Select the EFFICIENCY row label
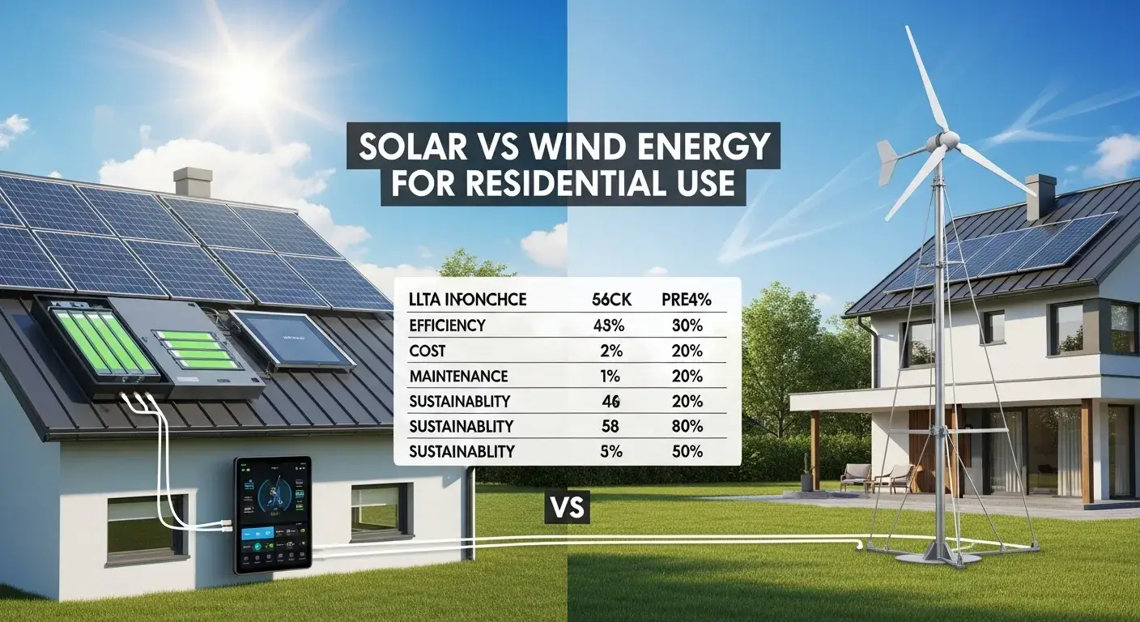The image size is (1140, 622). click(448, 326)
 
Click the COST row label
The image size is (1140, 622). click(427, 351)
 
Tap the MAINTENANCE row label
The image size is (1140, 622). click(458, 377)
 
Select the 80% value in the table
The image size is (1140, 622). click(688, 427)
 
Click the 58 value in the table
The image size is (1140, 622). click(606, 427)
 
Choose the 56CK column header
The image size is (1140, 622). click(606, 300)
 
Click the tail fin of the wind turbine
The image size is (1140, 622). click(888, 162)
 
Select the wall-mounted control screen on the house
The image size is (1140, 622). click(272, 515)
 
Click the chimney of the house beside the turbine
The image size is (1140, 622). click(1040, 197)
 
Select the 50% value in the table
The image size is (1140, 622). click(688, 452)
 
